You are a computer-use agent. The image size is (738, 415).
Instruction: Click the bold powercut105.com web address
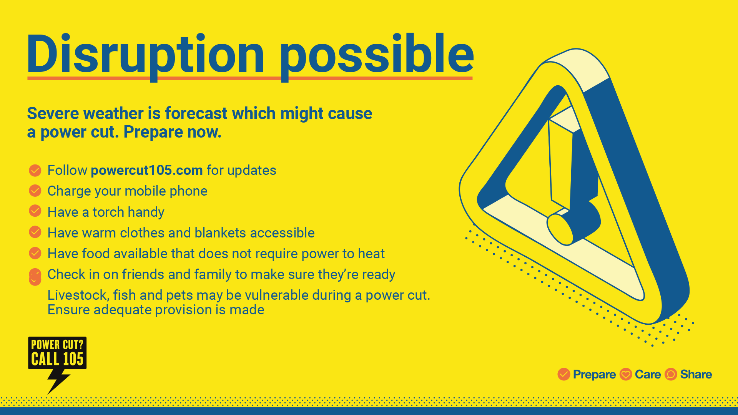tap(146, 170)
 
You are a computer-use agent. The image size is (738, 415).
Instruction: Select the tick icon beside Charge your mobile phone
tap(35, 191)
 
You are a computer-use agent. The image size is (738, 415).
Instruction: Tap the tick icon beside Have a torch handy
tap(35, 211)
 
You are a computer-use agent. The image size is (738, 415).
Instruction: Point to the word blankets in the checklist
tap(220, 232)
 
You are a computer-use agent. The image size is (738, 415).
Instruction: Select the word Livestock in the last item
tap(78, 295)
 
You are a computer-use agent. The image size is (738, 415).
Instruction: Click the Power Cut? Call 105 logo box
tap(57, 353)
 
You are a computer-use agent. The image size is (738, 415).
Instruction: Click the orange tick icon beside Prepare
tap(563, 374)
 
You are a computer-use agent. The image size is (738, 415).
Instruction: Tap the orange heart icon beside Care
tap(626, 374)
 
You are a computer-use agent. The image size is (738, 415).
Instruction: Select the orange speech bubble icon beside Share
tap(671, 374)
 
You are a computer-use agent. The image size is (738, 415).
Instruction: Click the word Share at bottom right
tap(696, 374)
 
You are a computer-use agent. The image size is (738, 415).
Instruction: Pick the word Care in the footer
tap(648, 374)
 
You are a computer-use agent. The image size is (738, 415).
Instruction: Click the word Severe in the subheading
tap(53, 113)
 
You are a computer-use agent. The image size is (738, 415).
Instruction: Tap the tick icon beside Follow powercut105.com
tap(35, 170)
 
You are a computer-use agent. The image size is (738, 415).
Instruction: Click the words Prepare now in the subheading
tap(173, 132)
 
